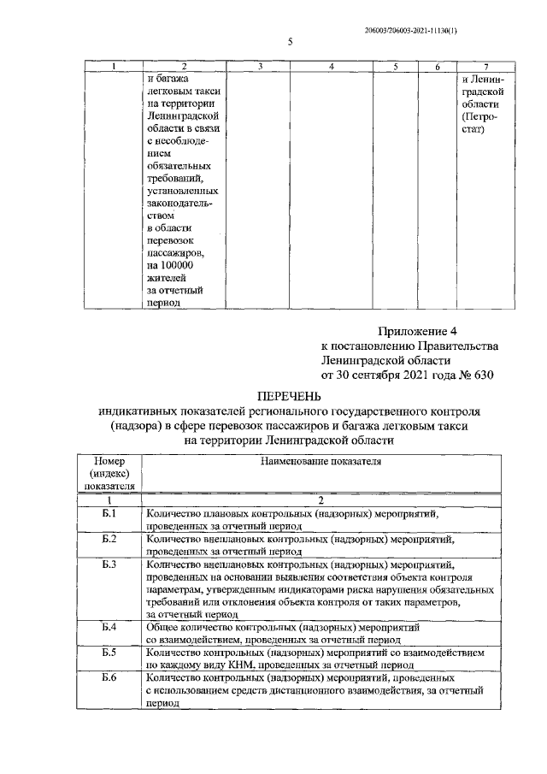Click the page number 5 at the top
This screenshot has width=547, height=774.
coord(290,41)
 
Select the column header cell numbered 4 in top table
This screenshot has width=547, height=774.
coord(332,67)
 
